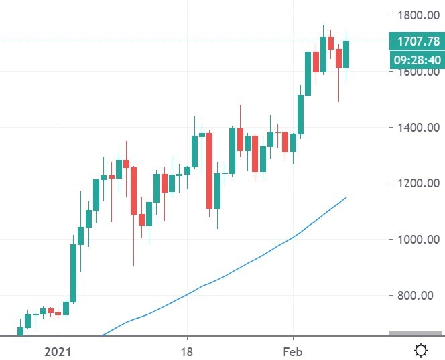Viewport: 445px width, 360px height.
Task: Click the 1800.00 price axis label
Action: (417, 15)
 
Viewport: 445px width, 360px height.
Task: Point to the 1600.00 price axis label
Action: (417, 72)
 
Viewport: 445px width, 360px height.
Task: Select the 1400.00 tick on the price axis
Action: (417, 127)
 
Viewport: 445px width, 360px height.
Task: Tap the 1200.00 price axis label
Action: (417, 183)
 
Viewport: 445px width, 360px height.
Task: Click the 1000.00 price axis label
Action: (417, 239)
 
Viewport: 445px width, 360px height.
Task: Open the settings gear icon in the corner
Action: (422, 350)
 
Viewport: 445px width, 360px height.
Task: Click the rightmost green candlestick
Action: (346, 54)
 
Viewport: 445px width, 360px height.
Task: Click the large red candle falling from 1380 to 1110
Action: (210, 171)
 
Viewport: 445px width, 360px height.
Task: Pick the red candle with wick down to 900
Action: (133, 191)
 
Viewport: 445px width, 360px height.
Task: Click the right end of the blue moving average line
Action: (346, 197)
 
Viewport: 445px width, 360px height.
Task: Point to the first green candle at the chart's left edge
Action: (20, 331)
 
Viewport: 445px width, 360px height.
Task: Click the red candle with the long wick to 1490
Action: (338, 58)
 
